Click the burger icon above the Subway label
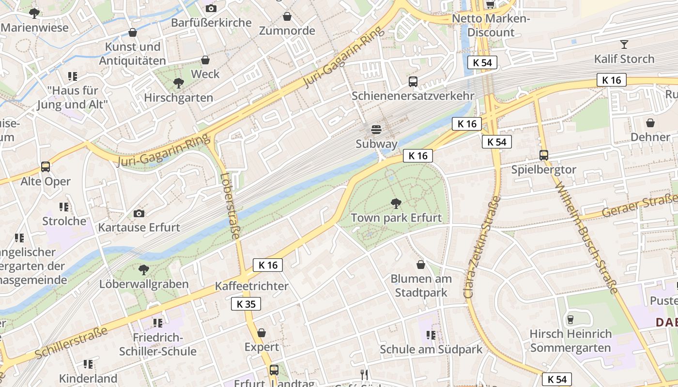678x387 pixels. click(x=376, y=129)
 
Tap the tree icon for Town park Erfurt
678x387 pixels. click(x=396, y=203)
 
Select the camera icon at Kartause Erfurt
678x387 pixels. click(x=139, y=213)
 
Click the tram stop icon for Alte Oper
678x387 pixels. click(x=46, y=167)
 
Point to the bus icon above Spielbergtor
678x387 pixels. click(x=544, y=155)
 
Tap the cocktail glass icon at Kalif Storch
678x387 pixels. click(x=624, y=45)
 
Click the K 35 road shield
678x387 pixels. click(x=246, y=304)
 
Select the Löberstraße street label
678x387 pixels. click(x=230, y=206)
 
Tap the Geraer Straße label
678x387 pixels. click(x=639, y=205)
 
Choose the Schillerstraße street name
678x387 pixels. click(x=72, y=343)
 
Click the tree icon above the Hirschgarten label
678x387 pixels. click(x=179, y=83)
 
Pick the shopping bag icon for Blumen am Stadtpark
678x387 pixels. click(x=421, y=265)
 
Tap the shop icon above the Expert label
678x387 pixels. click(x=262, y=333)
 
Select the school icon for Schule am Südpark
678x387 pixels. click(x=431, y=335)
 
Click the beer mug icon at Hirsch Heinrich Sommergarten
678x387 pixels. click(x=570, y=319)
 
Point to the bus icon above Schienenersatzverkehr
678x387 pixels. click(x=413, y=82)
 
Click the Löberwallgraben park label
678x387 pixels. click(x=144, y=284)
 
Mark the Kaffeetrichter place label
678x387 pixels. click(x=252, y=286)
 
